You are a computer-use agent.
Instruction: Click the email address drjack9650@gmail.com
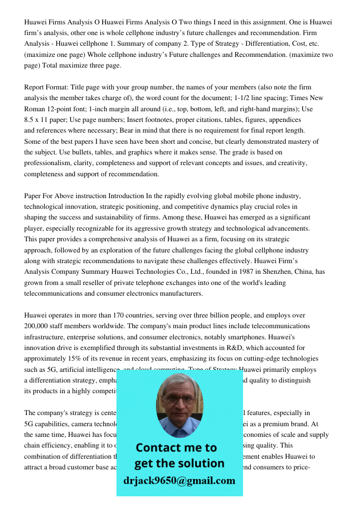tap(179, 481)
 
